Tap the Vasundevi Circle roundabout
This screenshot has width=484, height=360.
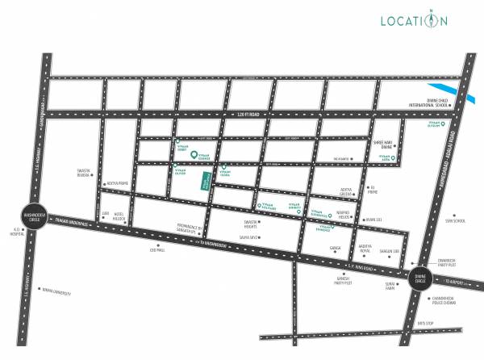(x=32, y=216)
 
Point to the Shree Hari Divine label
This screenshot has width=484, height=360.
(x=386, y=147)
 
